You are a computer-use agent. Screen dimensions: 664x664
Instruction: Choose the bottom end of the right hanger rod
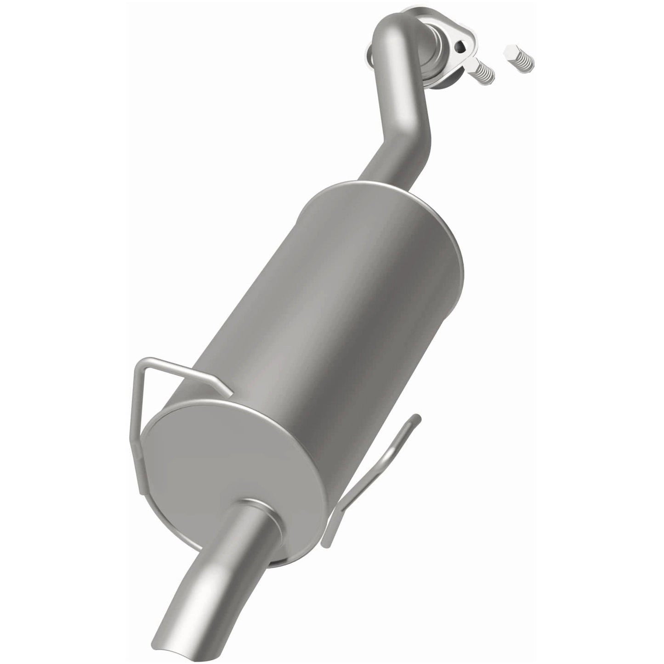click(x=326, y=542)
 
